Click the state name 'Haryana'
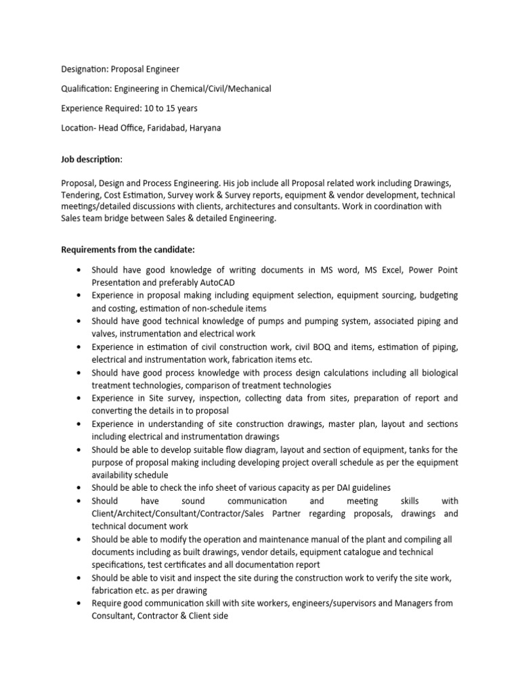tap(207, 128)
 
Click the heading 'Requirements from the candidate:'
tap(128, 250)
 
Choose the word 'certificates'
tap(188, 564)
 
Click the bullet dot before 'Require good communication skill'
tap(81, 603)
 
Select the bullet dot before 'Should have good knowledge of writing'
tap(81, 269)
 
